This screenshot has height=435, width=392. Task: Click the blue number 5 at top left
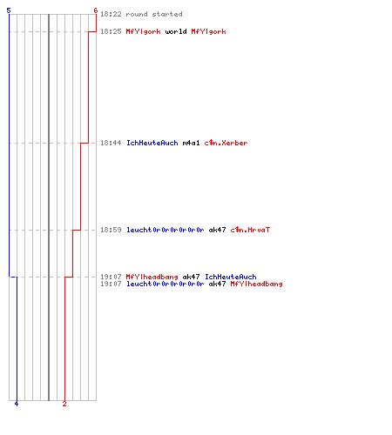[x=9, y=10]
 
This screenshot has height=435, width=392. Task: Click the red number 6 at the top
[x=96, y=10]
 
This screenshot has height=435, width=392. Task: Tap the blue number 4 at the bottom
[x=17, y=404]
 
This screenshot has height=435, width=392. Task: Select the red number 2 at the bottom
[x=64, y=404]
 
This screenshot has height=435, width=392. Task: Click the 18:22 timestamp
[x=111, y=14]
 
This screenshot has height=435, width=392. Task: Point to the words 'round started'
[x=154, y=14]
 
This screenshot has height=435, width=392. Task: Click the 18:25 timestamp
[x=111, y=31]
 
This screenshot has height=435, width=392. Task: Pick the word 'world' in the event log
[x=176, y=31]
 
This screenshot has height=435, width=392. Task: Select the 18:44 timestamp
[x=111, y=143]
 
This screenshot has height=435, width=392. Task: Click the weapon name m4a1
[x=191, y=143]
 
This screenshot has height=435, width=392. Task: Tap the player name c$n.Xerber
[x=226, y=143]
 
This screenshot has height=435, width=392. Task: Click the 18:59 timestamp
[x=111, y=230]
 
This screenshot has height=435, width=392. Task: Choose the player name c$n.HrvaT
[x=250, y=230]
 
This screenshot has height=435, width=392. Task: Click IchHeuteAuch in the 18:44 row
[x=152, y=143]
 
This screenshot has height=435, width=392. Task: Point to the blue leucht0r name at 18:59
[x=166, y=230]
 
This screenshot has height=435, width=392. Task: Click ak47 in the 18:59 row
[x=217, y=230]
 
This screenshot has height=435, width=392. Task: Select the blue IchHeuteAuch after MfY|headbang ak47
[x=231, y=277]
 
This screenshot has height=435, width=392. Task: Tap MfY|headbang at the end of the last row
[x=256, y=284]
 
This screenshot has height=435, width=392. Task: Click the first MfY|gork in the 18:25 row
[x=143, y=31]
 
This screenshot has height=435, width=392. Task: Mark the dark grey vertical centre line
[x=49, y=207]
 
